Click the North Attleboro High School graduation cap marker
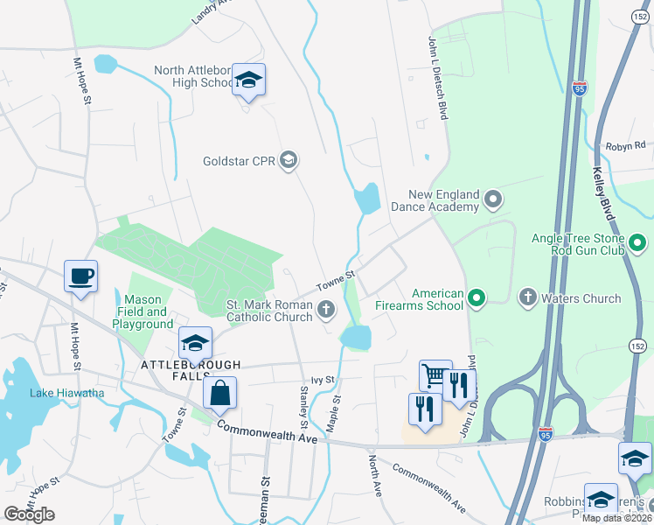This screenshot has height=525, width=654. (x=249, y=80)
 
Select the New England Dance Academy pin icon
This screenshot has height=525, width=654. (x=493, y=200)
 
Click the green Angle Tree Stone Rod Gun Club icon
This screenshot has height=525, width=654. (x=637, y=241)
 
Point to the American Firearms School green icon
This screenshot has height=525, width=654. (x=477, y=299)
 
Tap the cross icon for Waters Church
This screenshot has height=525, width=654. (x=528, y=298)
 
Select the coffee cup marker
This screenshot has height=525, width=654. (x=81, y=276)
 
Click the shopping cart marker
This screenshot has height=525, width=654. (x=435, y=376)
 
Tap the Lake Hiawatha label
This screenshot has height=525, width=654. (x=67, y=393)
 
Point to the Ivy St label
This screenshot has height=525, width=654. (x=324, y=381)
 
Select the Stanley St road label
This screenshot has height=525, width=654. (x=305, y=401)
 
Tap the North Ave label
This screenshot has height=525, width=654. (x=375, y=476)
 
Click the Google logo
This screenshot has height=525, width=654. (x=29, y=514)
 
